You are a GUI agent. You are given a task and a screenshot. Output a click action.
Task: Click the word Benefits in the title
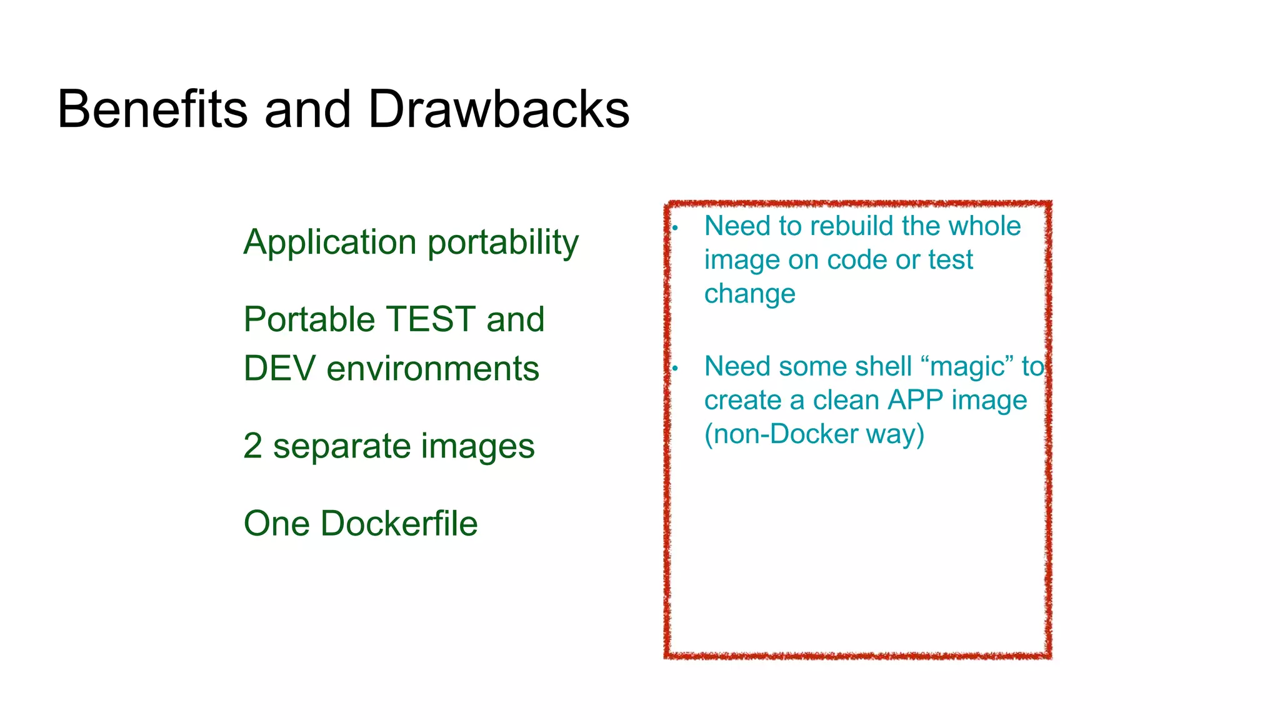point(152,109)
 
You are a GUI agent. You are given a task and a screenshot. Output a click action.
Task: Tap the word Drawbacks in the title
point(499,109)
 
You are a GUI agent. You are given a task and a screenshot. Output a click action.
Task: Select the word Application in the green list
point(330,242)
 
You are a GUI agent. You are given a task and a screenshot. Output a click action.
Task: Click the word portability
point(503,242)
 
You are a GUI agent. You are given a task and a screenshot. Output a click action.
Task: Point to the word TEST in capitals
point(431,319)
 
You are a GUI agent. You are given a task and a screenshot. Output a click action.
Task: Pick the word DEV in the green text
point(279,368)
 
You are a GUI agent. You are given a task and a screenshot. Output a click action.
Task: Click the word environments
point(433,368)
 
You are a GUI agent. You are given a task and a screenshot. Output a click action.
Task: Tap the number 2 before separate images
point(252,446)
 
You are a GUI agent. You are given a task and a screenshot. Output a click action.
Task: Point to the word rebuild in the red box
point(852,226)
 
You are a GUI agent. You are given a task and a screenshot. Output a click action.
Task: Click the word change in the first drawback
point(749,294)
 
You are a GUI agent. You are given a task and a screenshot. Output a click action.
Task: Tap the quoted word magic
point(967,367)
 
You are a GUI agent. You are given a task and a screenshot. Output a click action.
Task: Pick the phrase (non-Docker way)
point(814,434)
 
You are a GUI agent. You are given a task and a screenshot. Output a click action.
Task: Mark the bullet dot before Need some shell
point(676,369)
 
